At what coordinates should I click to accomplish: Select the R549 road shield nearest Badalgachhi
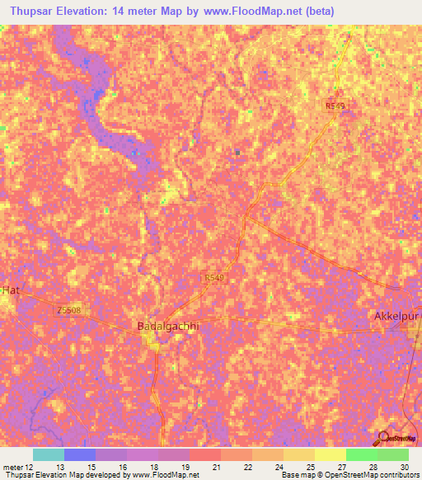coord(213,279)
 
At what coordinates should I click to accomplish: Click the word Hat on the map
coord(9,290)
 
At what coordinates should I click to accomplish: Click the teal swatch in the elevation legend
coord(48,454)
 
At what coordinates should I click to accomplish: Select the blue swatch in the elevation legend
coord(79,454)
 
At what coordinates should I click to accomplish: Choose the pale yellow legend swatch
coord(330,454)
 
